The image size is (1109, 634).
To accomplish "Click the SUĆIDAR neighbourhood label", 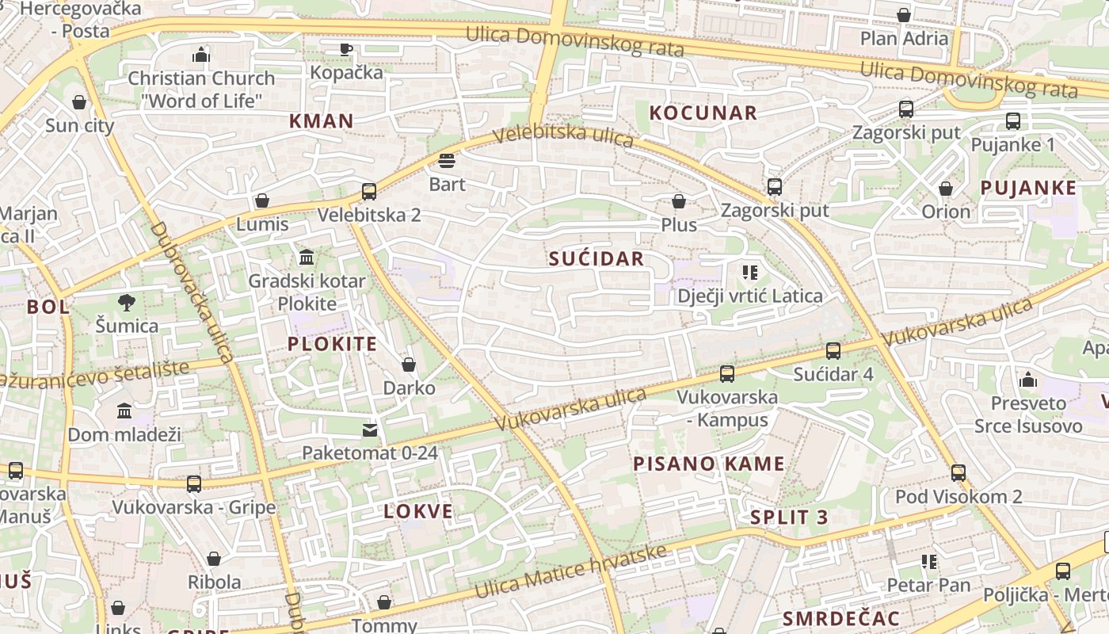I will click(596, 259).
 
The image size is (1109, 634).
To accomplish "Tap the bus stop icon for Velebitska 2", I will click(369, 191).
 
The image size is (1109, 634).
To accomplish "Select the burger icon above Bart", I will click(447, 162).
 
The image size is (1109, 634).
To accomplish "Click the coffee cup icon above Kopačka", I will click(346, 49).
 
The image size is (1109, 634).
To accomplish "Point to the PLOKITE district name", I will click(332, 344).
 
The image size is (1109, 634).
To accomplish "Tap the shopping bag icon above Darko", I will click(409, 365).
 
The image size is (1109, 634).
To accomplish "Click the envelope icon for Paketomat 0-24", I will click(370, 430).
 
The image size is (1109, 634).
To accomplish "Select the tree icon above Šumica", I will click(126, 302).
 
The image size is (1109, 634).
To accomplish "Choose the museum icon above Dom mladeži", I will click(124, 411).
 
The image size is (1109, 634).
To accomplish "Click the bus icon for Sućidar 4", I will click(833, 350).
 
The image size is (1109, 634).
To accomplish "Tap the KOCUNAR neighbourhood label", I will click(703, 113).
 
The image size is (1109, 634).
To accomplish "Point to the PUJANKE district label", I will click(1028, 188).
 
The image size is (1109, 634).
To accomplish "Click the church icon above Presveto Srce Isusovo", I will click(1028, 380).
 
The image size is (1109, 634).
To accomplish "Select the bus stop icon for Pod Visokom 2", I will click(958, 473).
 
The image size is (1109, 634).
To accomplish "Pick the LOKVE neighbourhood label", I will click(418, 512).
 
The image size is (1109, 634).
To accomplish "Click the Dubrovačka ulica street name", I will click(192, 292).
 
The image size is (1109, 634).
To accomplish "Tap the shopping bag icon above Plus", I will click(679, 201).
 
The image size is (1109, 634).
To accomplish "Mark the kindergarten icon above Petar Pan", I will click(929, 562).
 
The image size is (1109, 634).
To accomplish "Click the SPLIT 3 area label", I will click(789, 518).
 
